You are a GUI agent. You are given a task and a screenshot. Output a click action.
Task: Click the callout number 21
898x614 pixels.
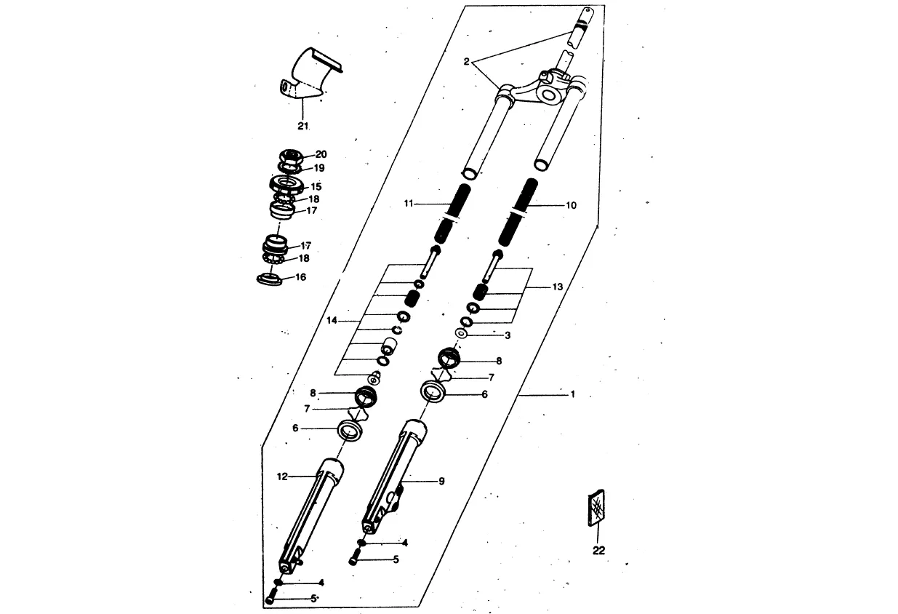pyautogui.click(x=302, y=126)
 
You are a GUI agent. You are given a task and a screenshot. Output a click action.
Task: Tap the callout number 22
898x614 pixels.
pyautogui.click(x=598, y=550)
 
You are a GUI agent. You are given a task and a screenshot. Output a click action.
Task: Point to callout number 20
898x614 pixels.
pyautogui.click(x=321, y=154)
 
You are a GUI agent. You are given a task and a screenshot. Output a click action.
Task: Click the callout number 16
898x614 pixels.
pyautogui.click(x=300, y=277)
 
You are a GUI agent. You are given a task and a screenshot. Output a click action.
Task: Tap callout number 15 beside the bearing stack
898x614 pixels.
pyautogui.click(x=316, y=186)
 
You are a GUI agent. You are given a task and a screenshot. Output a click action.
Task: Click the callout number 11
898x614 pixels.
pyautogui.click(x=409, y=204)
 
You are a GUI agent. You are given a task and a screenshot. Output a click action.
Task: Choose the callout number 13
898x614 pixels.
pyautogui.click(x=557, y=287)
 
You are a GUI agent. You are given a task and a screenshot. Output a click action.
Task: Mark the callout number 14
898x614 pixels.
pyautogui.click(x=332, y=321)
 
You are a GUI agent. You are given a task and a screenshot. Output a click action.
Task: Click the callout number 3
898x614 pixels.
pyautogui.click(x=508, y=335)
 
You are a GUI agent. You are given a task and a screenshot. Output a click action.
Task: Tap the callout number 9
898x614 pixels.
pyautogui.click(x=441, y=481)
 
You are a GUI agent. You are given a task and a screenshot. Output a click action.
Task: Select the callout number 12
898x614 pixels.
pyautogui.click(x=283, y=477)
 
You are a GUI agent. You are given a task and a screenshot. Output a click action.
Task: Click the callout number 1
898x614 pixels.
pyautogui.click(x=572, y=394)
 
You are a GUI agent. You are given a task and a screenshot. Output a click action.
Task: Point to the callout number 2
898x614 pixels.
pyautogui.click(x=467, y=62)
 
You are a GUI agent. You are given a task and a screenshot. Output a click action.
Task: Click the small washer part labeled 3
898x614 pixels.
pyautogui.click(x=461, y=334)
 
